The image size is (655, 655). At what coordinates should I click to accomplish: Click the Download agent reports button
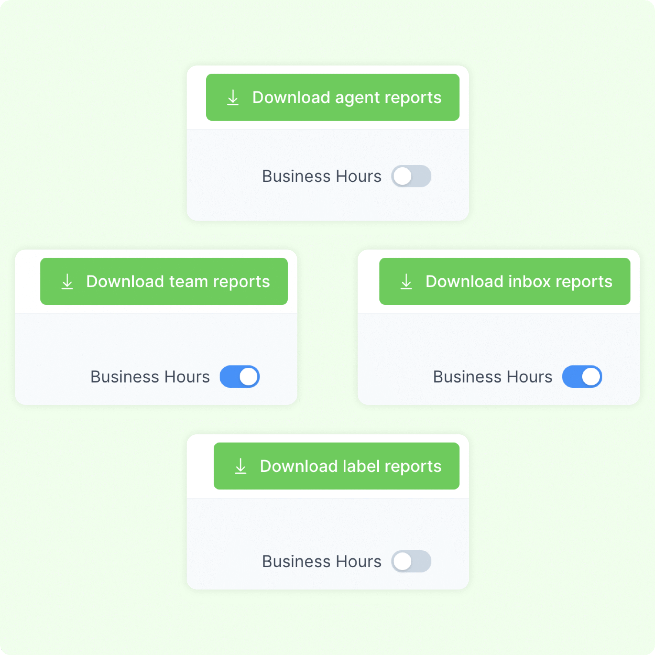(x=333, y=97)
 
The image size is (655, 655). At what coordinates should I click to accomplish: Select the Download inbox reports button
(x=505, y=281)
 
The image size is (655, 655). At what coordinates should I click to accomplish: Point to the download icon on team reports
(x=67, y=282)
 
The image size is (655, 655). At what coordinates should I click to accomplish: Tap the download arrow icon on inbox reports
(x=406, y=282)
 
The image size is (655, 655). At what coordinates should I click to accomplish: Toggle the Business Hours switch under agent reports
(x=411, y=176)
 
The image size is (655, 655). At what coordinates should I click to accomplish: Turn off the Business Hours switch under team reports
(x=240, y=376)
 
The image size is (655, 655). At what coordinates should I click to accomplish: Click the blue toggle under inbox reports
(x=582, y=376)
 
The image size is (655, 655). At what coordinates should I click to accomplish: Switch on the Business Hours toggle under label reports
(x=411, y=561)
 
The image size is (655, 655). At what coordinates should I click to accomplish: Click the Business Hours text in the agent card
(x=322, y=176)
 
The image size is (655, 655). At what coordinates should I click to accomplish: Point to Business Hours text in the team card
(x=150, y=377)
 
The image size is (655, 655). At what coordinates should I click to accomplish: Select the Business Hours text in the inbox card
(x=493, y=377)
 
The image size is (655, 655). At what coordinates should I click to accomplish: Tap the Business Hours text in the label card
(x=322, y=561)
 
